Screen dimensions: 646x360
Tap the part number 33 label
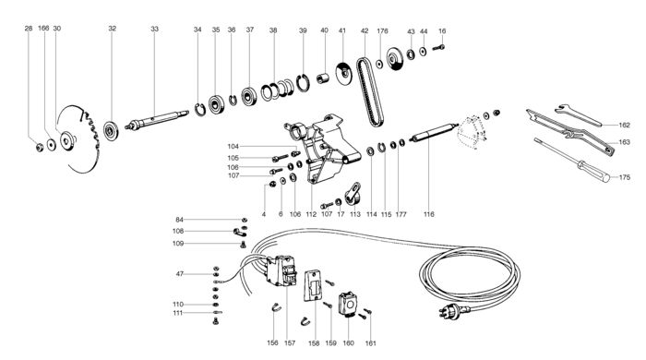click(154, 29)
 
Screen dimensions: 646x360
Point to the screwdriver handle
click(593, 171)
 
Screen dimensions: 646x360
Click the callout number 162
click(624, 125)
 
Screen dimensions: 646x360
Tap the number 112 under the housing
click(311, 214)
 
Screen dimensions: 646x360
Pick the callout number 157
click(290, 343)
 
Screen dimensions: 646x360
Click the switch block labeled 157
click(281, 270)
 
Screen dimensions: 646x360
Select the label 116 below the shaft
click(428, 214)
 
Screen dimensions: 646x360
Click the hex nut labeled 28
click(40, 147)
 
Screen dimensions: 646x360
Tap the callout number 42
click(365, 30)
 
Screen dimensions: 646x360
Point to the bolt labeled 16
click(438, 48)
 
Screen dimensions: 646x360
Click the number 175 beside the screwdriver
click(625, 177)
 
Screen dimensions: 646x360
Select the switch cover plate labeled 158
click(314, 285)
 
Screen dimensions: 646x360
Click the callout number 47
click(180, 273)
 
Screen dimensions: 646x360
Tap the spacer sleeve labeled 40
click(323, 78)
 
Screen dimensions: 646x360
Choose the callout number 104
click(233, 146)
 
